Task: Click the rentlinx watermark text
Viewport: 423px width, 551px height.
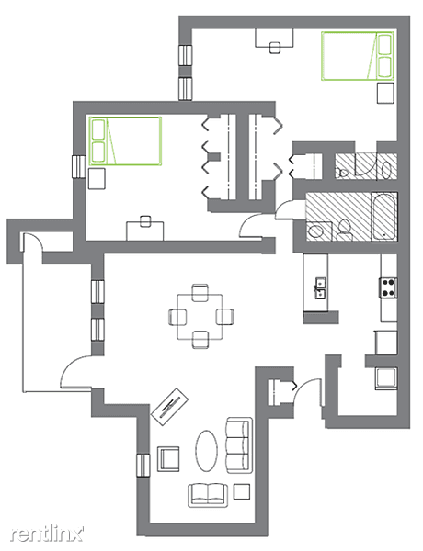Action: pyautogui.click(x=47, y=534)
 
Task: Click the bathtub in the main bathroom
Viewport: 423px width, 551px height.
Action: pyautogui.click(x=384, y=217)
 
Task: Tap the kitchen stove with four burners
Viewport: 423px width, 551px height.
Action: pyautogui.click(x=388, y=287)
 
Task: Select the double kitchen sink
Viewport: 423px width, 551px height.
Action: pyautogui.click(x=320, y=288)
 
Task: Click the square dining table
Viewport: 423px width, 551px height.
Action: pyautogui.click(x=200, y=317)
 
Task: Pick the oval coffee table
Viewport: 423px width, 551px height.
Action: pyautogui.click(x=207, y=451)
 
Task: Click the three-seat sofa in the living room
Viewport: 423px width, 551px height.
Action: pyautogui.click(x=239, y=445)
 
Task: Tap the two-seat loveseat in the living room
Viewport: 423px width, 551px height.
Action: pyautogui.click(x=208, y=495)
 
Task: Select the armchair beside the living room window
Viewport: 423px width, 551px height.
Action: pyautogui.click(x=168, y=459)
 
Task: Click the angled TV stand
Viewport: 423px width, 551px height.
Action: pyautogui.click(x=169, y=407)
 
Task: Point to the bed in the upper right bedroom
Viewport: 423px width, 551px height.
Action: pyautogui.click(x=357, y=56)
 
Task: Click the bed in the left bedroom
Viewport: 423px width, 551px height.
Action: pyautogui.click(x=125, y=141)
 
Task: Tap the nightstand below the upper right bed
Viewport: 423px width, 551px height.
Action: pyautogui.click(x=385, y=93)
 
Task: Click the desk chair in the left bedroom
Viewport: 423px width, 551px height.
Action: pyautogui.click(x=145, y=221)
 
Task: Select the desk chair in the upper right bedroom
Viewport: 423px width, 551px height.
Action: pyautogui.click(x=275, y=48)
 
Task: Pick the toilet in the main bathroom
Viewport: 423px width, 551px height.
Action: pyautogui.click(x=344, y=230)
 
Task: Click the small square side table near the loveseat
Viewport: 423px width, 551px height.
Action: pyautogui.click(x=242, y=491)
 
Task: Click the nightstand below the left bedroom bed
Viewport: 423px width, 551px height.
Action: pyautogui.click(x=97, y=178)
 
